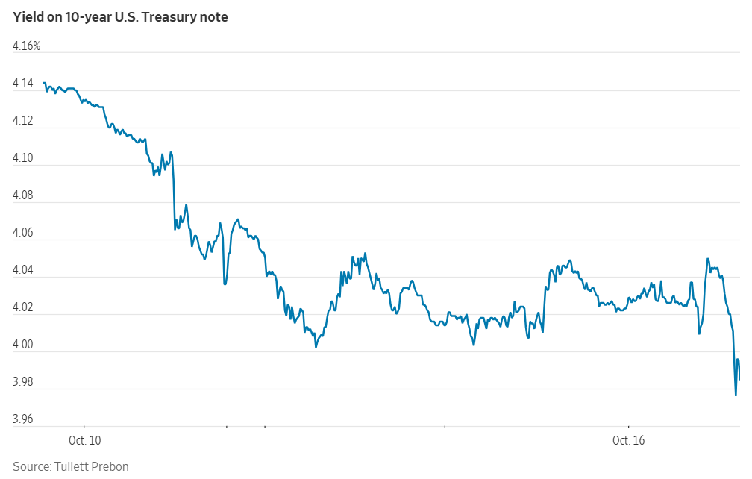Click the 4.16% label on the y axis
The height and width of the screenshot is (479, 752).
(x=27, y=46)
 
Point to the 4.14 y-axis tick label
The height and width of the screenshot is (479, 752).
(x=24, y=84)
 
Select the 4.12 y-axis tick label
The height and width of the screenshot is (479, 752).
(x=24, y=121)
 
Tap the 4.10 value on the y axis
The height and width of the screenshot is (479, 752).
(x=24, y=158)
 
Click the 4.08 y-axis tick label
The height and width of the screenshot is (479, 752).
(x=24, y=195)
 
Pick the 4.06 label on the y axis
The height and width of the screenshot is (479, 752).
(x=24, y=233)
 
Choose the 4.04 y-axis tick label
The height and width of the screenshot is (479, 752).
(x=24, y=270)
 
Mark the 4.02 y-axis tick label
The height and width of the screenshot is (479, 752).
(x=24, y=307)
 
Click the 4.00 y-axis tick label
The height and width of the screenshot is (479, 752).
(x=24, y=345)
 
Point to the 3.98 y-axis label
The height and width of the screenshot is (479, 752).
(x=24, y=382)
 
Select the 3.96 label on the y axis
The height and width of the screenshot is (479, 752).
(x=24, y=419)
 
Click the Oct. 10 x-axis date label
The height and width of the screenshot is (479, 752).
(x=84, y=440)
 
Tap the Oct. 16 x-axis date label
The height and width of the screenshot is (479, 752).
(x=628, y=440)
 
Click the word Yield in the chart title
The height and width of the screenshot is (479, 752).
(x=28, y=17)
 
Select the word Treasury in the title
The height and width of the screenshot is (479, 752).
(x=171, y=17)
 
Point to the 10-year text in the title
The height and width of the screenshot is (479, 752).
(x=90, y=17)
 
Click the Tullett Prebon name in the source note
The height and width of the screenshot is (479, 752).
(x=92, y=466)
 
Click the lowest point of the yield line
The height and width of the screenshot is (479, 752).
(x=736, y=395)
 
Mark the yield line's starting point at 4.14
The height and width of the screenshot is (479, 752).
(x=43, y=83)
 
